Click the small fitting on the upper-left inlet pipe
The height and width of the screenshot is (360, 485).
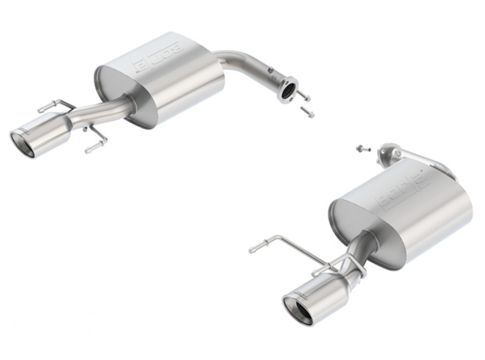(270, 69)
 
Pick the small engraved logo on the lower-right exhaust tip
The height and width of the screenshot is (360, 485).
(301, 293)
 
